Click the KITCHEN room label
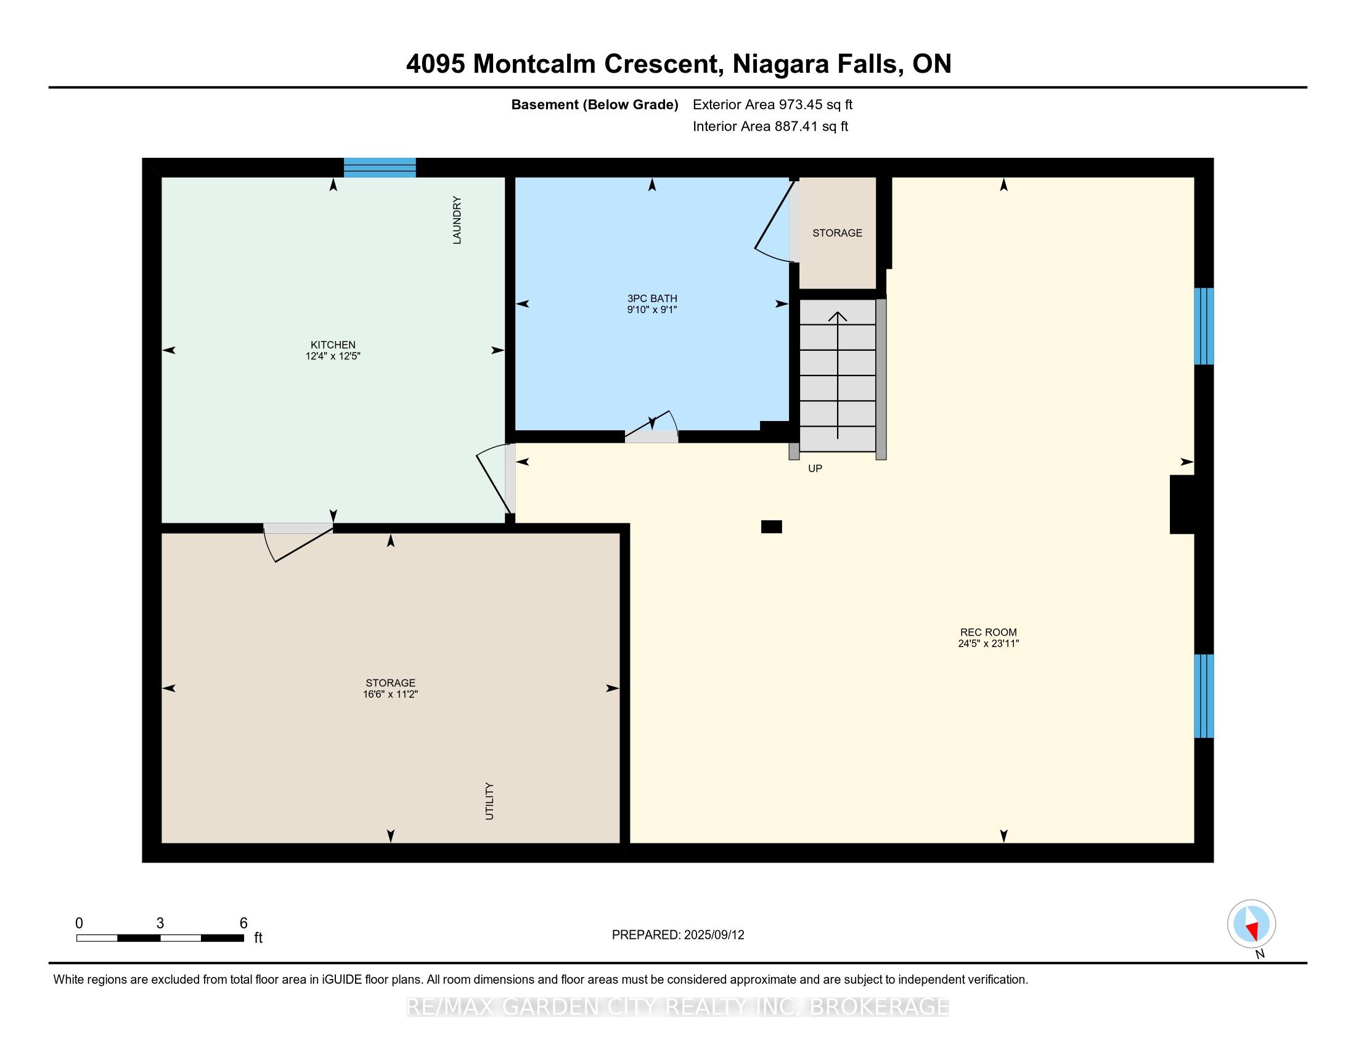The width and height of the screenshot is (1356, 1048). (x=333, y=345)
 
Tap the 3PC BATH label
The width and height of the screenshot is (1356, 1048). (x=652, y=298)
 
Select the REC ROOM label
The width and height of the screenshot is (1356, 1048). (x=989, y=632)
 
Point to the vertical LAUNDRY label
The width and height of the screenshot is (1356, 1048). (x=457, y=220)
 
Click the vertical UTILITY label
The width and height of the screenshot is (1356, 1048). (x=489, y=801)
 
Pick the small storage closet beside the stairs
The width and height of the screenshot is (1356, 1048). (x=838, y=233)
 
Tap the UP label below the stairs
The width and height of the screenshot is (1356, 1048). (x=815, y=469)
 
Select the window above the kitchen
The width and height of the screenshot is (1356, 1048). (x=380, y=168)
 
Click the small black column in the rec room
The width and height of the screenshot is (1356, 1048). (x=772, y=526)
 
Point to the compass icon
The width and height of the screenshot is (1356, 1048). (x=1252, y=923)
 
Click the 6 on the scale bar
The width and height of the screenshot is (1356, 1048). (x=243, y=923)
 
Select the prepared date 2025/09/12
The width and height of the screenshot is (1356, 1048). (x=714, y=935)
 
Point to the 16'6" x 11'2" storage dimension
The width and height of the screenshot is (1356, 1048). (x=391, y=694)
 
